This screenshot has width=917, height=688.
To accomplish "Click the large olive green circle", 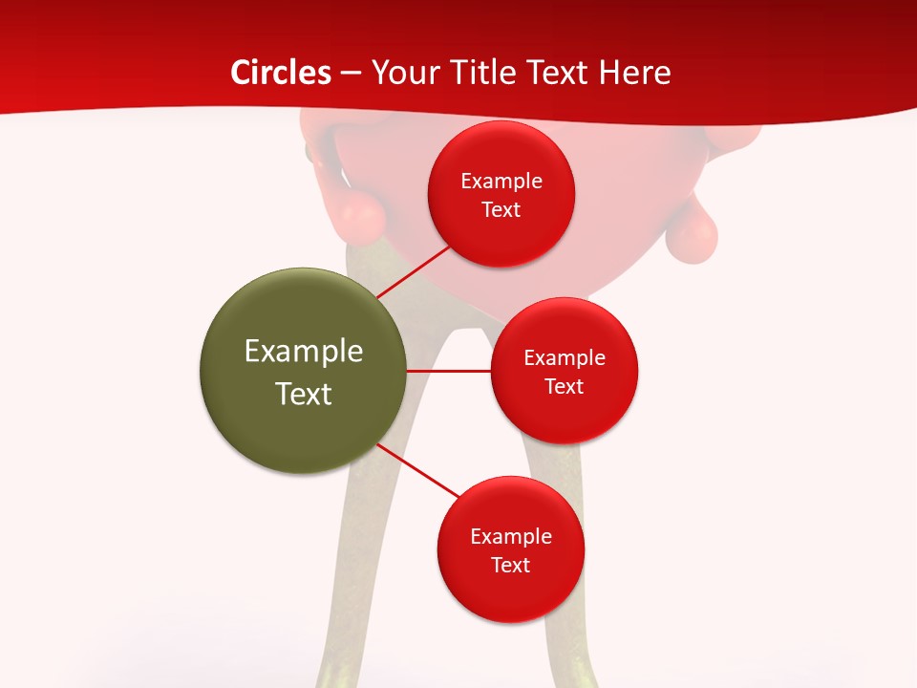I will coord(304,371).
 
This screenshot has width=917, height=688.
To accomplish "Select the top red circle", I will coord(501,194).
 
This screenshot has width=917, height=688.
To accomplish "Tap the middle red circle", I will coord(564,371).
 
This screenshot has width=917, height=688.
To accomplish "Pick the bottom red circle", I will coord(510,549).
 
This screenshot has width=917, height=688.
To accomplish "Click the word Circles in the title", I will coord(281,73).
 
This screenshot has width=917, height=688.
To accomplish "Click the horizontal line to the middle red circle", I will coord(449,371).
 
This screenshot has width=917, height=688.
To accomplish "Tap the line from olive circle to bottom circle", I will coord(418,470).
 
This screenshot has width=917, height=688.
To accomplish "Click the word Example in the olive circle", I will coord(304,352).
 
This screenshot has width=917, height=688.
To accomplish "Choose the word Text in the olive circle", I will coord(304,394).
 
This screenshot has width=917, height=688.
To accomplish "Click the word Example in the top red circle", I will coord(501,181).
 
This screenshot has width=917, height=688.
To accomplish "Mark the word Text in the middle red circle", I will coord(564,386).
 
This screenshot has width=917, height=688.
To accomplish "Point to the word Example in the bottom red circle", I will coord(510,536).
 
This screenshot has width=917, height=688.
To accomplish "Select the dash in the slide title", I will coord(351,73).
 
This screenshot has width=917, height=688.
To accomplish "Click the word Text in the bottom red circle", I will coord(510,565).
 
